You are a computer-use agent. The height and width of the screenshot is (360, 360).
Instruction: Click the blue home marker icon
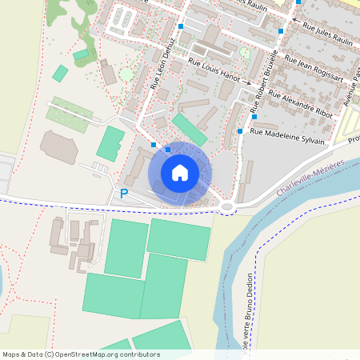pyautogui.click(x=180, y=172)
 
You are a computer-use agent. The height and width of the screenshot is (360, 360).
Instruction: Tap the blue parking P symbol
pyautogui.click(x=123, y=193)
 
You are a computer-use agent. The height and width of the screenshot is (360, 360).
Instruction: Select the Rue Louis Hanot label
pyautogui.click(x=214, y=70)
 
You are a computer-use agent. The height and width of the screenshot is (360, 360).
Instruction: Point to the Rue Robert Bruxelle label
pyautogui.click(x=264, y=80)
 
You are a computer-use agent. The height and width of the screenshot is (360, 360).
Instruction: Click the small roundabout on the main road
pyautogui.click(x=228, y=206)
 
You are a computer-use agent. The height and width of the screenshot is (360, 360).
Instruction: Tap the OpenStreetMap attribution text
pyautogui.click(x=80, y=354)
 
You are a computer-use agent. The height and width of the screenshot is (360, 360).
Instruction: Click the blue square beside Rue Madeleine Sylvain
pyautogui.click(x=240, y=130)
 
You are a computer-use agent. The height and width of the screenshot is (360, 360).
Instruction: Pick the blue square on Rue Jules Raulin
pyautogui.click(x=281, y=31)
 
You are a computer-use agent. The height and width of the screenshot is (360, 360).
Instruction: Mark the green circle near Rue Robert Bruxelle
pyautogui.click(x=245, y=53)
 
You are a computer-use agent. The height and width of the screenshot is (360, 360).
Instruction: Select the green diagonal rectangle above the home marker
pyautogui.click(x=189, y=130)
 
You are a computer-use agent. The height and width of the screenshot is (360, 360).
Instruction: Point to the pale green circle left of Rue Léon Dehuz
pyautogui.click(x=126, y=74)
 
